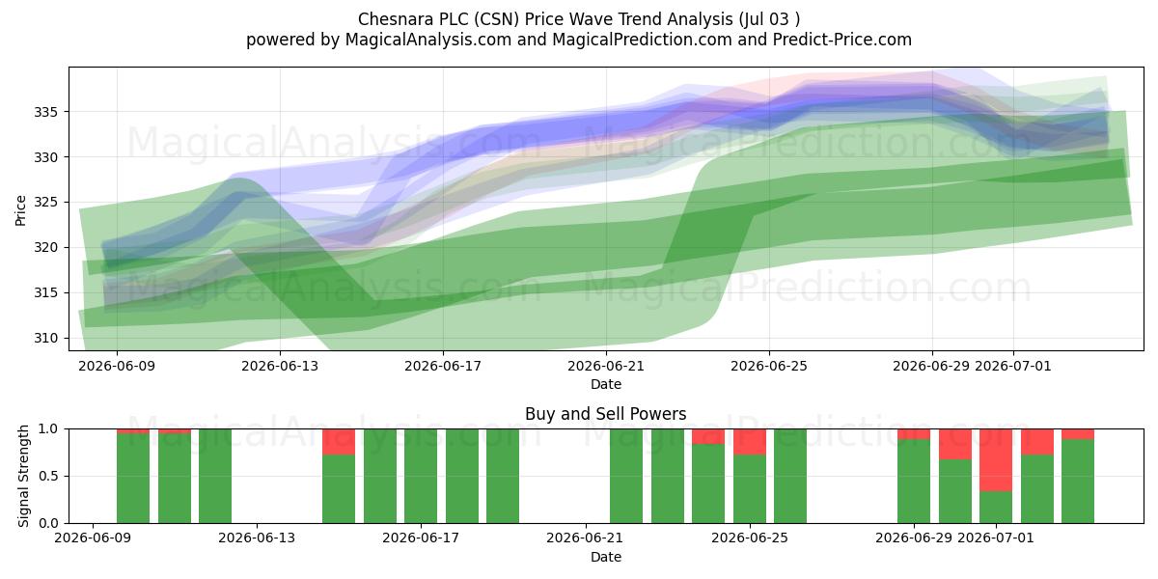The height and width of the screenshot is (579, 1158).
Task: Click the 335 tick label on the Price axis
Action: click(x=46, y=112)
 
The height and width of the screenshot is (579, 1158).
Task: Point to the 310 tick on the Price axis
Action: click(x=46, y=338)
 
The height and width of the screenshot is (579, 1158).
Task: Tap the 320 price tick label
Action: click(x=46, y=248)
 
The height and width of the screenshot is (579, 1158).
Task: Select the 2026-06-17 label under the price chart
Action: click(x=443, y=366)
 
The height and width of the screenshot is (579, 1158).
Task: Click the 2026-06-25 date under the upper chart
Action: click(x=769, y=366)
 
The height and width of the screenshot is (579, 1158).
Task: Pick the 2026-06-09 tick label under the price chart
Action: click(x=117, y=366)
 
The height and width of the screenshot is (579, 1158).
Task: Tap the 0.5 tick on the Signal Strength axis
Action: click(x=48, y=476)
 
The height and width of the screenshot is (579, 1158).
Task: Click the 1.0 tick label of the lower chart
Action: click(x=48, y=429)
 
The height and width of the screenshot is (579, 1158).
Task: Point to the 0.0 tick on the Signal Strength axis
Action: click(x=48, y=523)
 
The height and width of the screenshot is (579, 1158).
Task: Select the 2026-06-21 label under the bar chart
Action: click(x=585, y=538)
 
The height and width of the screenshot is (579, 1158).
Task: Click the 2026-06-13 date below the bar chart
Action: click(x=257, y=538)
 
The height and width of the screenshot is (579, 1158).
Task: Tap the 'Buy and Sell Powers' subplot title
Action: click(x=606, y=414)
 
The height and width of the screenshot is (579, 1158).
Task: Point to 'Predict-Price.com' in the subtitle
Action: click(x=842, y=40)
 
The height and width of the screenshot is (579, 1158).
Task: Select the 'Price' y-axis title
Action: click(x=20, y=210)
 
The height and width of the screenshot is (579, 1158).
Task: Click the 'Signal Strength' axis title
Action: click(x=23, y=476)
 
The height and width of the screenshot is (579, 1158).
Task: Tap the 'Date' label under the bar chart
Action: click(x=606, y=557)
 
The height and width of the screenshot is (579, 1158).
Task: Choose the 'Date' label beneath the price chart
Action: click(x=606, y=384)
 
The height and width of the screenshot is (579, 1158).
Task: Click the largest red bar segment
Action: click(x=996, y=460)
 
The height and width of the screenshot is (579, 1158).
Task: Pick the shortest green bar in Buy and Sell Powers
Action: click(x=996, y=508)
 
